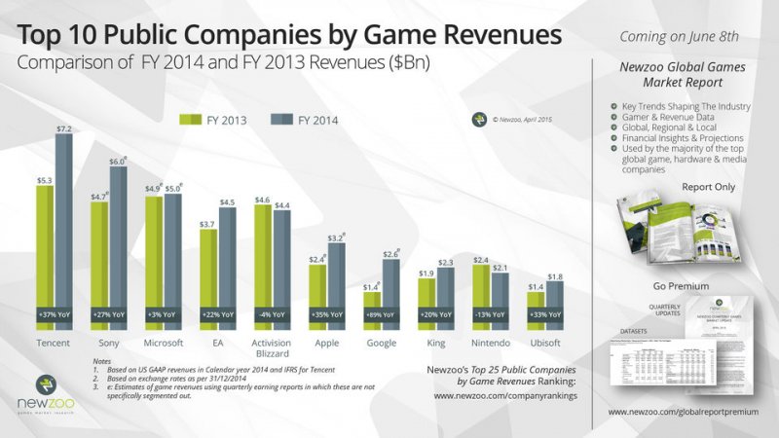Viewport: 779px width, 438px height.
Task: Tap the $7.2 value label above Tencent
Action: (64, 128)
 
